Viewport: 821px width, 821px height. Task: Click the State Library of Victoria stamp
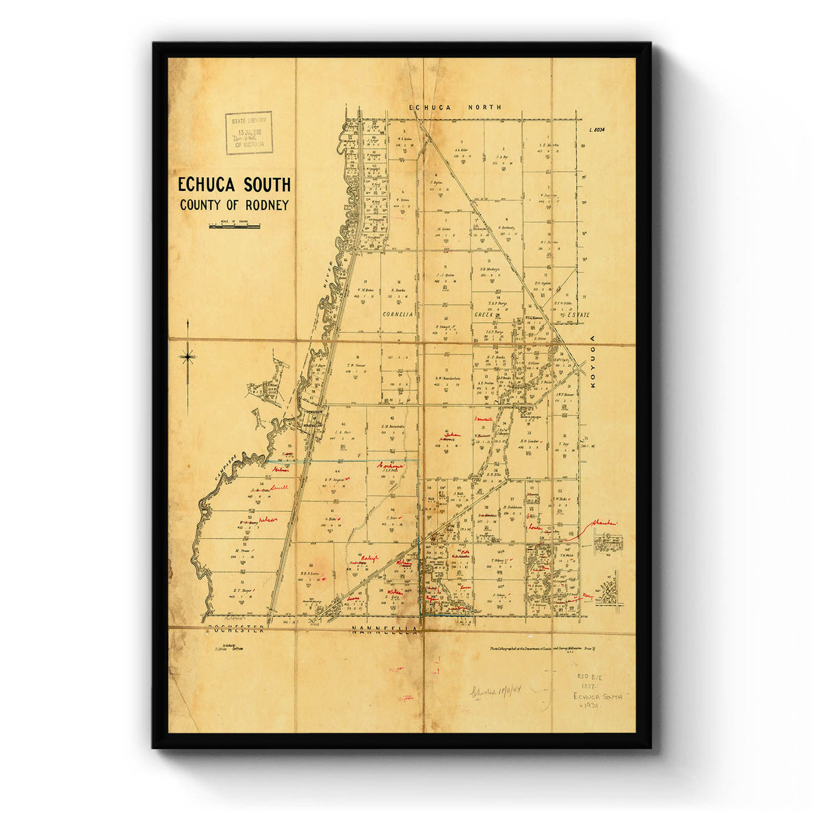tap(249, 133)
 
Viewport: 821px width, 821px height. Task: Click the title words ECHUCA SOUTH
tap(234, 185)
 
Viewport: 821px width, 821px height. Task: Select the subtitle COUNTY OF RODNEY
tap(234, 205)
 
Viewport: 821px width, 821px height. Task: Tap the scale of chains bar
tap(234, 225)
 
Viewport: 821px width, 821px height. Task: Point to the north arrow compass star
tap(187, 355)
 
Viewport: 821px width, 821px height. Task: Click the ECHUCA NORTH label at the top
tap(455, 107)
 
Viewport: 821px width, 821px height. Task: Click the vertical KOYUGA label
tap(593, 363)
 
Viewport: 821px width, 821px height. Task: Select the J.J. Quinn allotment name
tap(445, 275)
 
